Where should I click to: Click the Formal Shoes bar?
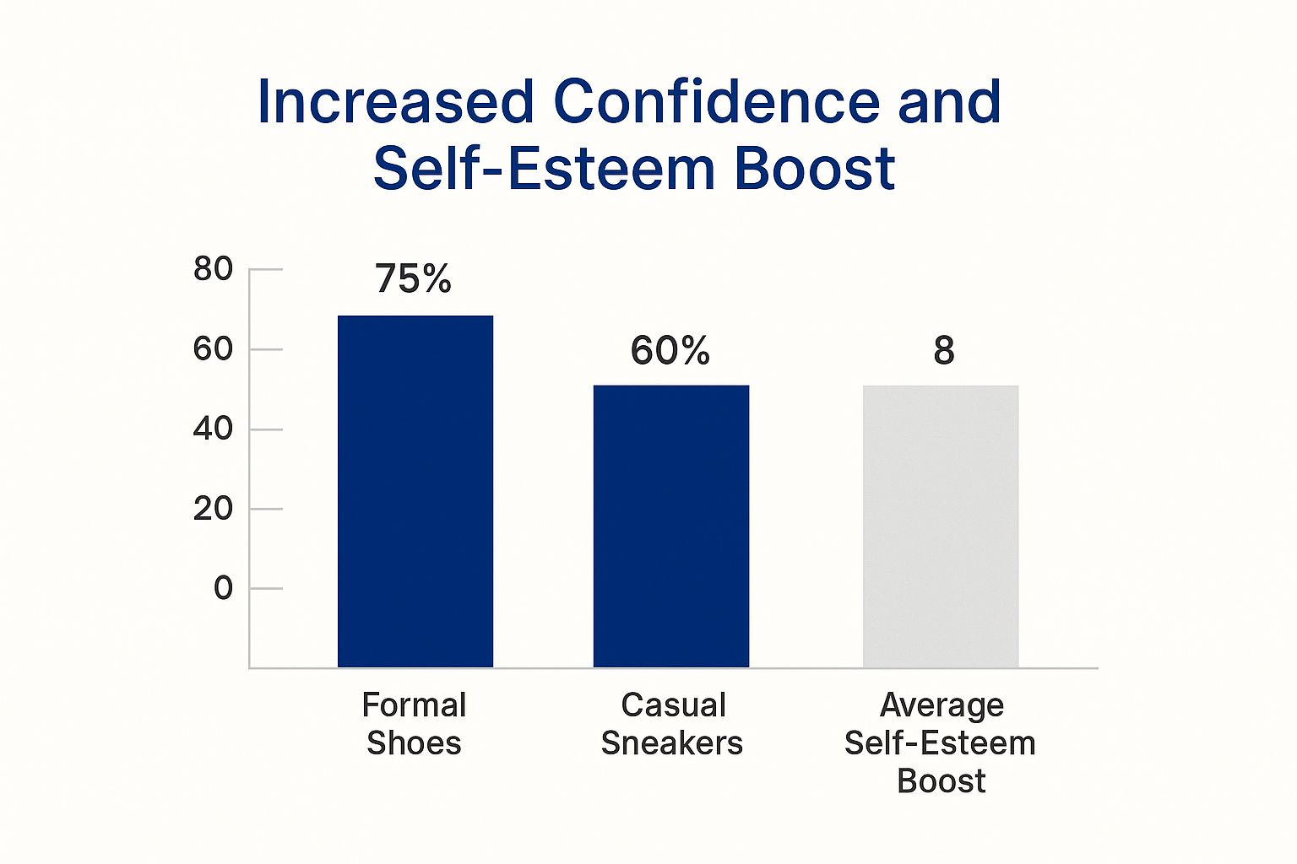coord(415,491)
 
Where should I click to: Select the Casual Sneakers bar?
coord(670,526)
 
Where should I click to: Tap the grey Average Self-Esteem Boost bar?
coord(940,526)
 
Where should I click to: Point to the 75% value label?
coord(413,278)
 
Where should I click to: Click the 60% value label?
coord(670,350)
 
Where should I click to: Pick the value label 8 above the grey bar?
coord(943,350)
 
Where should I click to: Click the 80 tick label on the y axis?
coord(213,269)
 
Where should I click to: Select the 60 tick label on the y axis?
coord(213,348)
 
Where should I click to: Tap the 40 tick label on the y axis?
coord(213,429)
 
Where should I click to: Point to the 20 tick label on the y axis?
coord(213,509)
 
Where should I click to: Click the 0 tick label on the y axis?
coord(223,588)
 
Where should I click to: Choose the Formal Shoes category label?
coord(414,724)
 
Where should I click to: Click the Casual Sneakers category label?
coord(672,724)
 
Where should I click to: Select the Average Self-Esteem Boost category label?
coord(941,742)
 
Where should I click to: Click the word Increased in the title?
coord(395,102)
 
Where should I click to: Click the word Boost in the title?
coord(814,169)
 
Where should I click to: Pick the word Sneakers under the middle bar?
coord(672,743)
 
